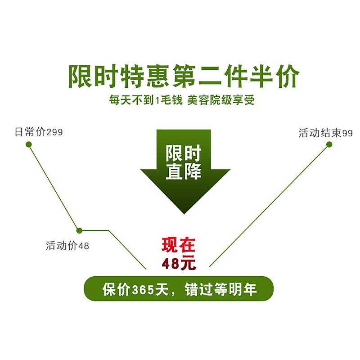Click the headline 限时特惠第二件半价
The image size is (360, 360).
pyautogui.click(x=184, y=76)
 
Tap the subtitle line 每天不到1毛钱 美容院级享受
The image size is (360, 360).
pyautogui.click(x=182, y=100)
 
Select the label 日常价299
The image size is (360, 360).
pyautogui.click(x=39, y=132)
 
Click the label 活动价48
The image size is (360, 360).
pyautogui.click(x=67, y=246)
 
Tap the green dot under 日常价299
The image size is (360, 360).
pyautogui.click(x=29, y=144)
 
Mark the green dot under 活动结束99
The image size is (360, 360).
pyautogui.click(x=329, y=144)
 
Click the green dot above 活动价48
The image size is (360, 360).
pyautogui.click(x=79, y=230)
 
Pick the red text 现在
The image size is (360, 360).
pyautogui.click(x=179, y=246)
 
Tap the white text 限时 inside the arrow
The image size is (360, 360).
pyautogui.click(x=184, y=153)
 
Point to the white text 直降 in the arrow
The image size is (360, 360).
pyautogui.click(x=184, y=171)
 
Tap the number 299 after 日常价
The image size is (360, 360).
pyautogui.click(x=54, y=133)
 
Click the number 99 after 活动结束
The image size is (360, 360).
pyautogui.click(x=347, y=134)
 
